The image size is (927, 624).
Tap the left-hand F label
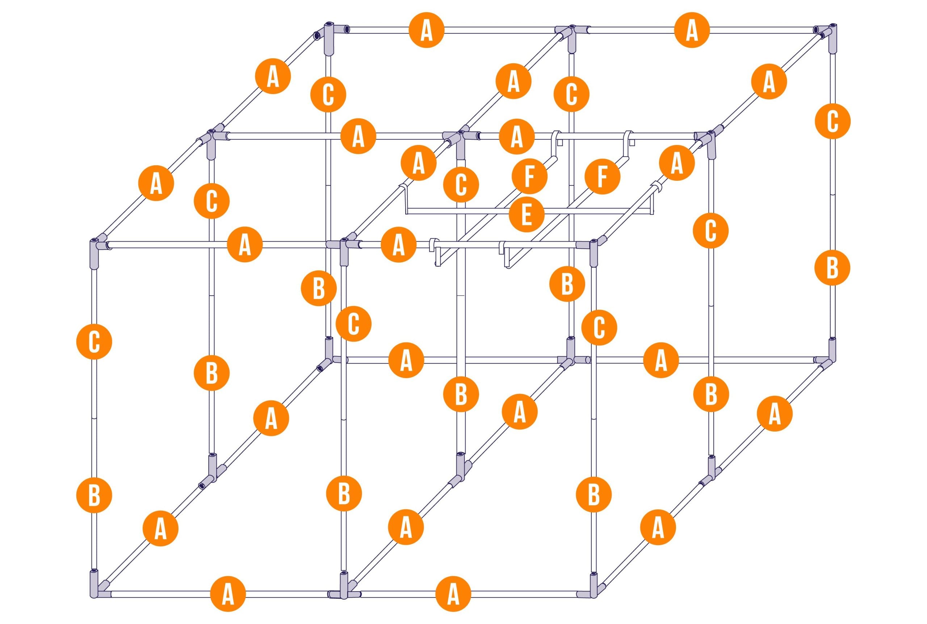click(529, 176)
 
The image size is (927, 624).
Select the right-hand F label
click(602, 176)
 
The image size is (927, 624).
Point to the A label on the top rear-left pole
click(426, 30)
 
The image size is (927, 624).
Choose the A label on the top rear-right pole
click(692, 30)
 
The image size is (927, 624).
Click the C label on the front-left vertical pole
click(94, 341)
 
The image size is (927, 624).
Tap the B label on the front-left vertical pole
click(94, 495)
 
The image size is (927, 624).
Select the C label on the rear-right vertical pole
click(832, 120)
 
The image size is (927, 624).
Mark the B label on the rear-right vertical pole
click(832, 268)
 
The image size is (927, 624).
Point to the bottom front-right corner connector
click(593, 596)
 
